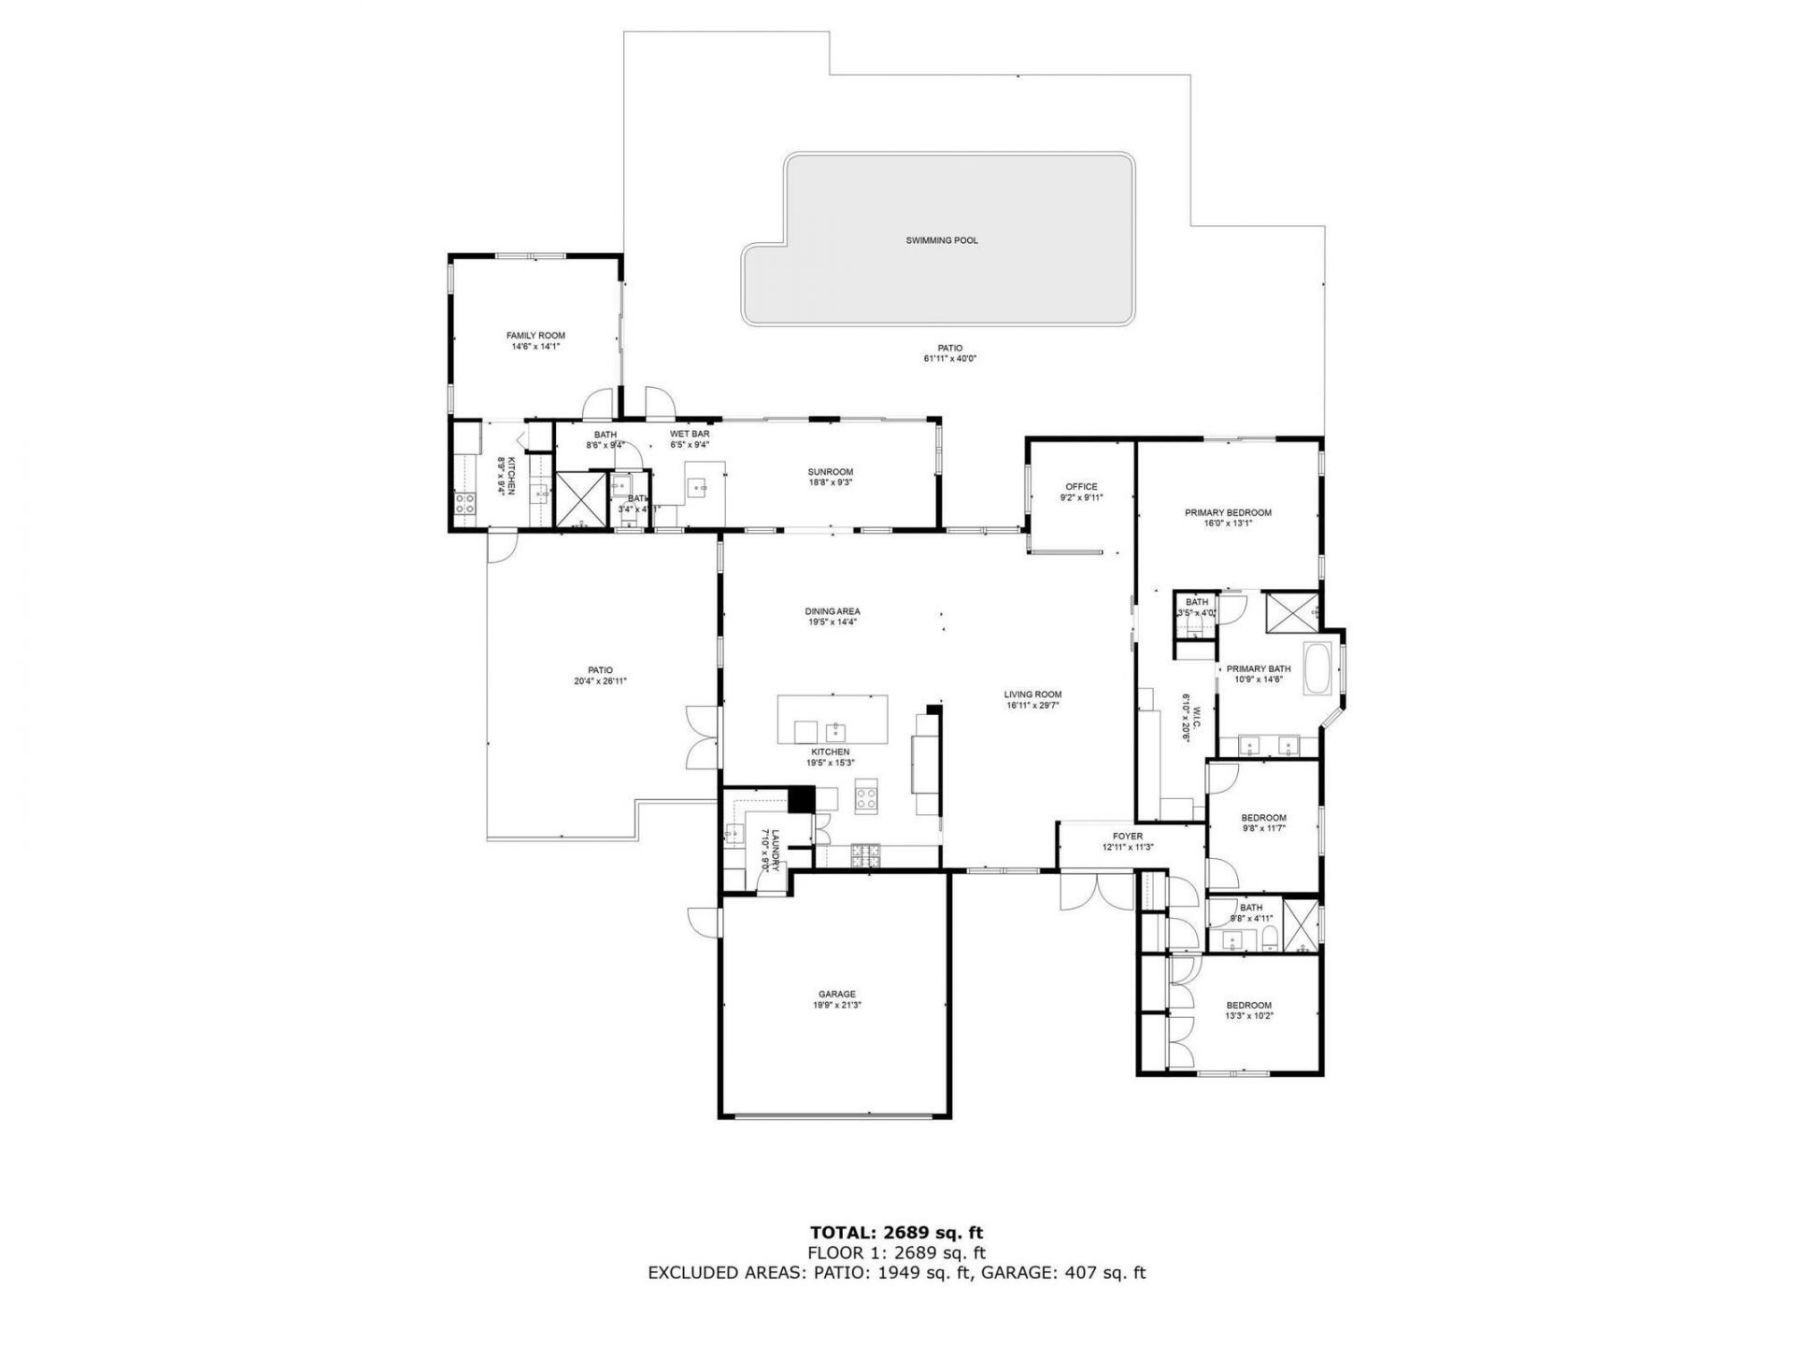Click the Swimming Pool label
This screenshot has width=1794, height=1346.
click(941, 240)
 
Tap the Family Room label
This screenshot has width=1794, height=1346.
click(535, 336)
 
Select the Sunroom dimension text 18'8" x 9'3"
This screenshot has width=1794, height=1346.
click(830, 483)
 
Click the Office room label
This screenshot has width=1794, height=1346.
click(1081, 487)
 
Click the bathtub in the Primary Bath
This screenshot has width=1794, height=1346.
click(1318, 669)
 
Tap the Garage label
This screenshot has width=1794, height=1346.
click(836, 995)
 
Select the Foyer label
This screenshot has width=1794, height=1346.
click(1128, 837)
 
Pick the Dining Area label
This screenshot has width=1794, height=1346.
click(832, 611)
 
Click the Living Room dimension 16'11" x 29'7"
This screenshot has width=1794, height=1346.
click(1032, 706)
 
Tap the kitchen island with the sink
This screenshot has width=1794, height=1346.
click(833, 719)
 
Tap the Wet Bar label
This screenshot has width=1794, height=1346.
click(690, 435)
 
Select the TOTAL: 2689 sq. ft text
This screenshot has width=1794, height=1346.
click(896, 1233)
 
